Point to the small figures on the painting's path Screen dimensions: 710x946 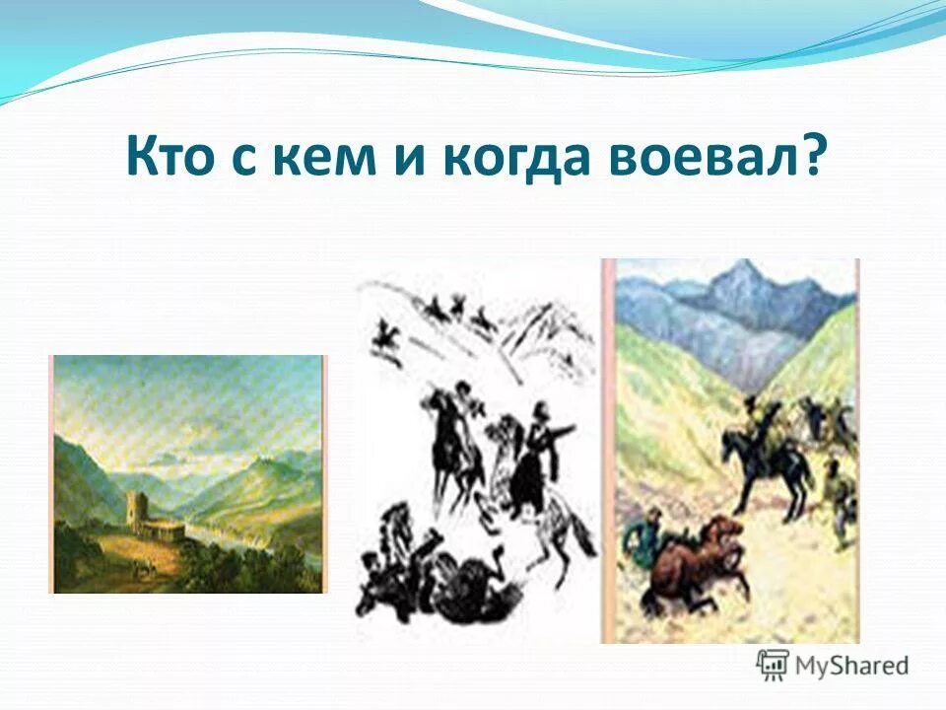coord(146,569)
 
